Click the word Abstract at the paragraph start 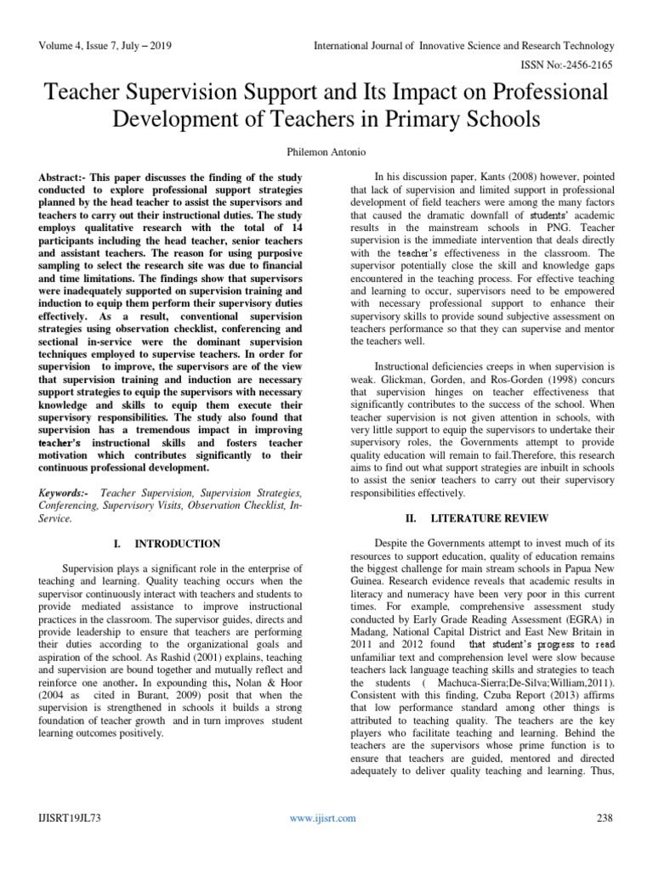click(x=58, y=175)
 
